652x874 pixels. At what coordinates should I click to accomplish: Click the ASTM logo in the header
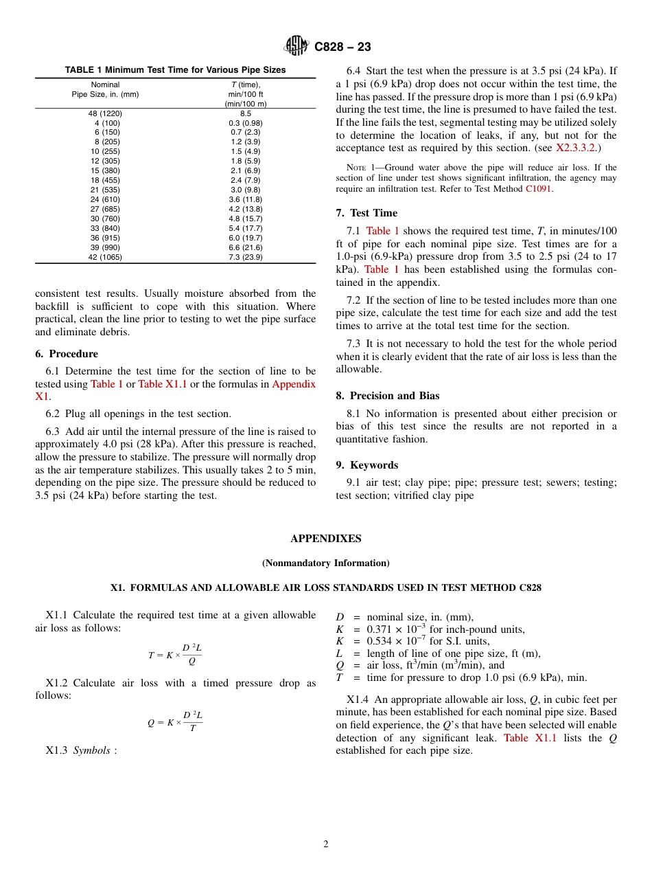pos(297,46)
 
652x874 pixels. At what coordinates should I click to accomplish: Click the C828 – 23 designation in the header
pos(342,47)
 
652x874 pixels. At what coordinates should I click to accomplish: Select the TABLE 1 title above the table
pos(175,70)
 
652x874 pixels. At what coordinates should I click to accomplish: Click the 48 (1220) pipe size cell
pos(105,113)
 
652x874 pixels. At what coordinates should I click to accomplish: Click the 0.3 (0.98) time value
pos(245,123)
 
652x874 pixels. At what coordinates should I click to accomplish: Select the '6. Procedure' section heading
pos(67,354)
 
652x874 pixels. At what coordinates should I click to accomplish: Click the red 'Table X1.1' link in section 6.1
pos(163,384)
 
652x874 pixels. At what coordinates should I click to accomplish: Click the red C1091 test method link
pos(539,189)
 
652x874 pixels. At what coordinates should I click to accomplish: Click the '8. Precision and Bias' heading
pos(388,396)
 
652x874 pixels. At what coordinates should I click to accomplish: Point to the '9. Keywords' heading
pos(366,465)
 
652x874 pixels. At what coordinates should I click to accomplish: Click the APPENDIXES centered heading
pos(325,539)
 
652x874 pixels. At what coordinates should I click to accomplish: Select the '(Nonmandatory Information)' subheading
pos(325,563)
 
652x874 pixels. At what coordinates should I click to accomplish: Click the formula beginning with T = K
pos(175,655)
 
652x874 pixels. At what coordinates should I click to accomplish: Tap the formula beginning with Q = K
pos(175,722)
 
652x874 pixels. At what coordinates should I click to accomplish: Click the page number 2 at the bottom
pos(326,844)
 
